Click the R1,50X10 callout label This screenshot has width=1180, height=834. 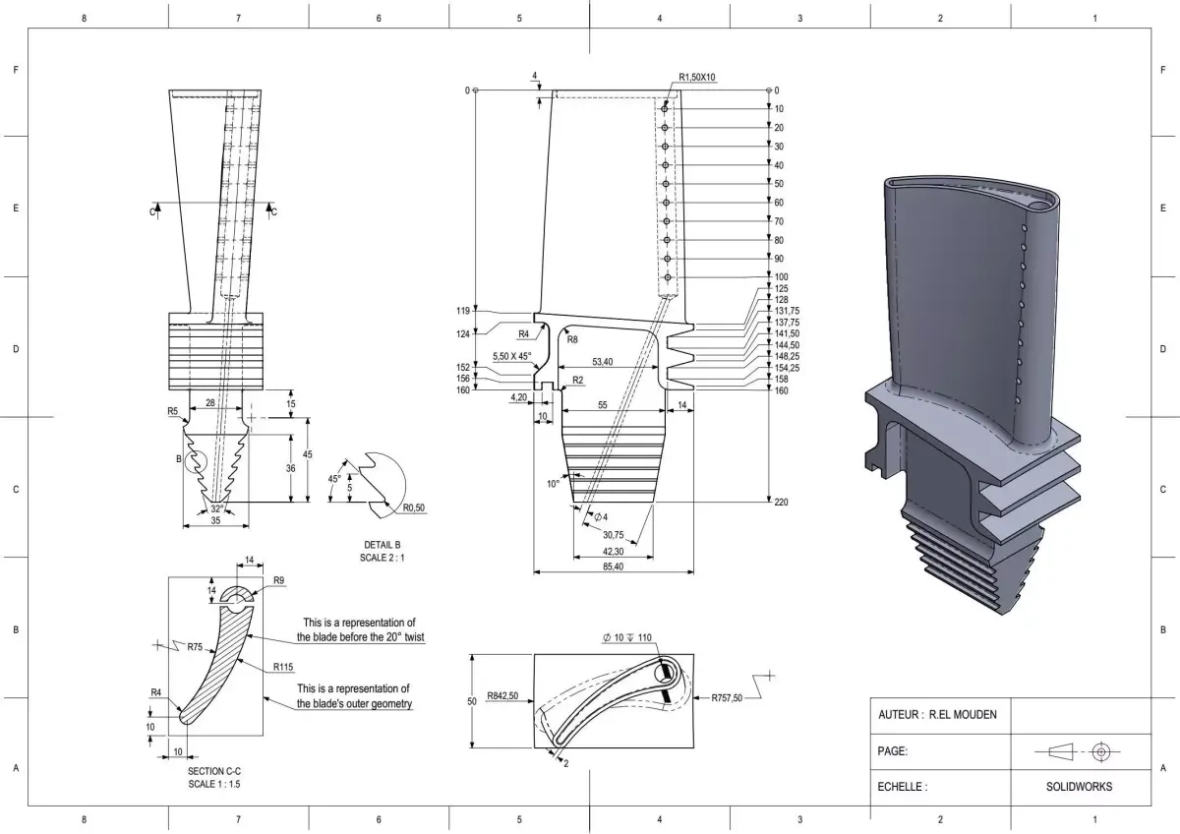click(x=697, y=77)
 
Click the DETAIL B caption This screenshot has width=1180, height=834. click(x=382, y=544)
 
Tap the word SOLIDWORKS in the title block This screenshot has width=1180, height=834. click(x=1079, y=787)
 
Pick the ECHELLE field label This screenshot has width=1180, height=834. click(x=902, y=787)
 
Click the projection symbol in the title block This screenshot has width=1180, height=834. click(x=1079, y=751)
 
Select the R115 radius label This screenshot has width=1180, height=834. click(x=283, y=666)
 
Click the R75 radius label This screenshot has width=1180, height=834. click(x=201, y=646)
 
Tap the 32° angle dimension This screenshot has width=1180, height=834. click(x=216, y=508)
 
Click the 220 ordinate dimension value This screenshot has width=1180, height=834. click(x=782, y=502)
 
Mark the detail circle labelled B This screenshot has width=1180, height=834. click(x=196, y=459)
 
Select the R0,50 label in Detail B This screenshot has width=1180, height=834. click(x=414, y=508)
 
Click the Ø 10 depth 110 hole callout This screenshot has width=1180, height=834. click(x=626, y=637)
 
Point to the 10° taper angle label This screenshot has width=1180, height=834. click(x=553, y=483)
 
